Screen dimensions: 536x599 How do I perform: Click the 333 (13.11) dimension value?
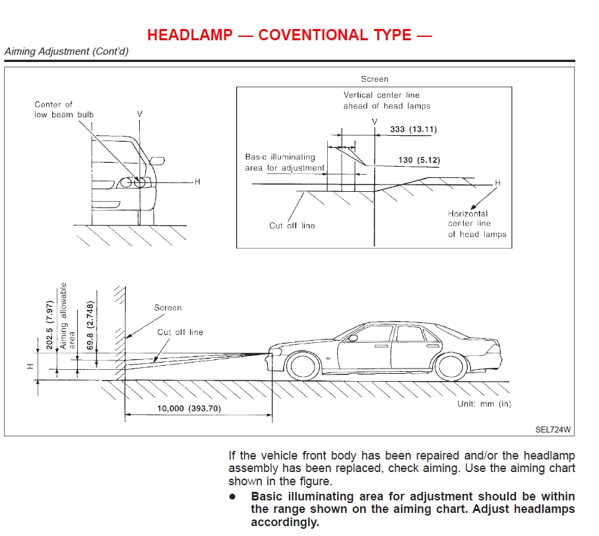413,129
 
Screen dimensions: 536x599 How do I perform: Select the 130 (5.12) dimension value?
419,160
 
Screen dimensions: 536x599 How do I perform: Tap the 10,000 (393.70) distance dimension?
189,409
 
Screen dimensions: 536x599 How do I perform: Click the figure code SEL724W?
553,429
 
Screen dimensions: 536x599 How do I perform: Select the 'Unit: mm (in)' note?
484,403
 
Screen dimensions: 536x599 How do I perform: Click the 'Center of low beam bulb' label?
64,109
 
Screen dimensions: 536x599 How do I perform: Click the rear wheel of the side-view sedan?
451,366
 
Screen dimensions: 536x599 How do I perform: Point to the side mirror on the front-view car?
157,160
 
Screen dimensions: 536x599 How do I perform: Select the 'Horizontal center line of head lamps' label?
477,223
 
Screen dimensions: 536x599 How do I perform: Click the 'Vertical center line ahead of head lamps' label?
386,100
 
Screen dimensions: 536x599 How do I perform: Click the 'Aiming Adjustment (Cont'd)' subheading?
66,51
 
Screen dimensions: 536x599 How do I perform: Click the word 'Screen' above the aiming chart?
375,79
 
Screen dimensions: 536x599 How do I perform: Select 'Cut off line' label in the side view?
180,332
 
